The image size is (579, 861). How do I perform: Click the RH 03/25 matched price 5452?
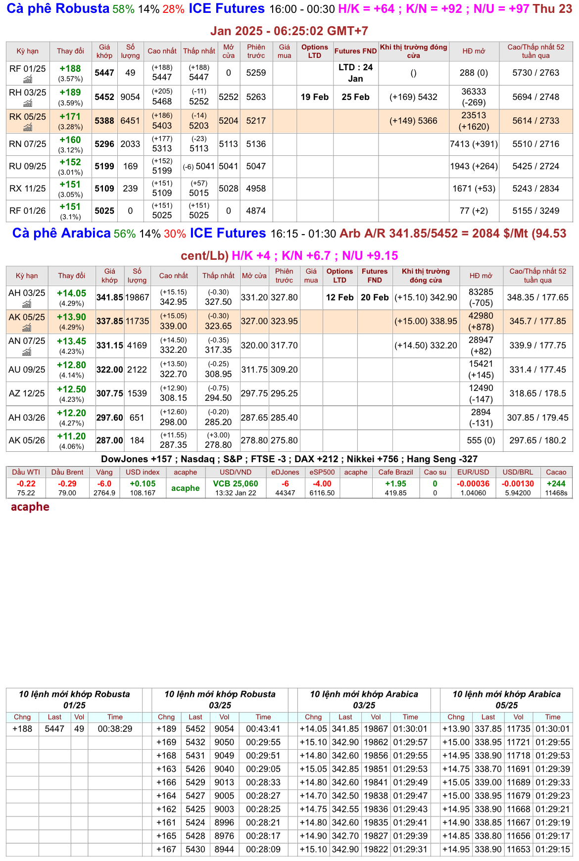point(104,97)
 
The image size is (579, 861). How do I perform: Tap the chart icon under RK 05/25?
point(28,128)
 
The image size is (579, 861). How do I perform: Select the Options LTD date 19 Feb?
point(315,97)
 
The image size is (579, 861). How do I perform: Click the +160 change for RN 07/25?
point(70,140)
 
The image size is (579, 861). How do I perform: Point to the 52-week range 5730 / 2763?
point(535,73)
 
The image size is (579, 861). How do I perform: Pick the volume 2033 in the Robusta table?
point(130,144)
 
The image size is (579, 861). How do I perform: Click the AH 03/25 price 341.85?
point(109,297)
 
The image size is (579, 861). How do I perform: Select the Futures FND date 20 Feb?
point(375,297)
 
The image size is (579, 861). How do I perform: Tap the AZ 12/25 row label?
point(27,393)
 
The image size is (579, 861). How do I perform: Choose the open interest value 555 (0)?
point(481,440)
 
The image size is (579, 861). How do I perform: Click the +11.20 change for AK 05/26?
point(71,436)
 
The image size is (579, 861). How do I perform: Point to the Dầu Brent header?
point(67,472)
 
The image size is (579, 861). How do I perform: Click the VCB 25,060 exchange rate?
point(236,484)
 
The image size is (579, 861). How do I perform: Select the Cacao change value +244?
point(556,484)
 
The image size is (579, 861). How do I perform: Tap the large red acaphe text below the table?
point(30,507)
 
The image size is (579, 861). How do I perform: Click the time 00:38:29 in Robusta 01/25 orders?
point(115,729)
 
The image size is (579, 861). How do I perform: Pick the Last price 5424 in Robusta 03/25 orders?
point(195,822)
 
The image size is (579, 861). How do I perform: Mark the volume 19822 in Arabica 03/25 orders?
point(376,849)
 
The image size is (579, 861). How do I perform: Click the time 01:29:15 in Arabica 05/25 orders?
point(553,849)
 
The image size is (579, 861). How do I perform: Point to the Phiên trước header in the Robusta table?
point(256,51)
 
